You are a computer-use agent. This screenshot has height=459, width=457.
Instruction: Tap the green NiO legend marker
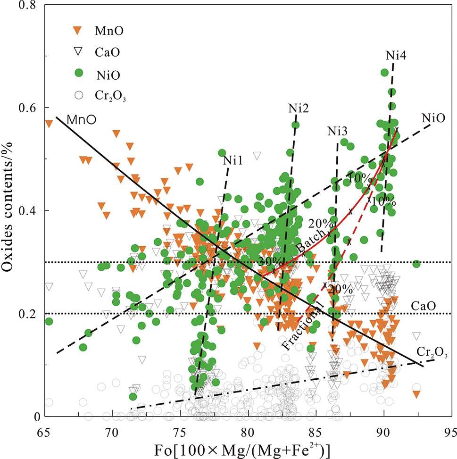79,73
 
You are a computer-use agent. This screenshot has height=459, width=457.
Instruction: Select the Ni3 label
337,131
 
